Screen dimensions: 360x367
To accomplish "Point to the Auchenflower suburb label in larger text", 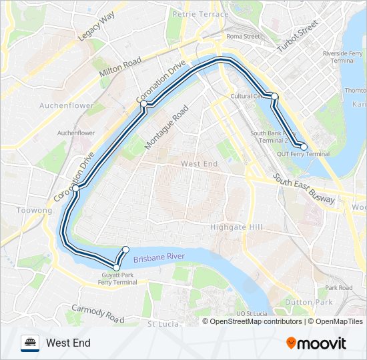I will click(x=66, y=105).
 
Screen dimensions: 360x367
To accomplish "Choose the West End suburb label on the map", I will click(x=200, y=163).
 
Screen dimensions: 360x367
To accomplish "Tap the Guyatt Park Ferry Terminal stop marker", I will click(x=116, y=267).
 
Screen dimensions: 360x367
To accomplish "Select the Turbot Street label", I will click(x=298, y=37).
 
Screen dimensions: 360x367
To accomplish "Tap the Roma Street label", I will click(x=242, y=37).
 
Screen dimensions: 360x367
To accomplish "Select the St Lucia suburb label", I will click(x=161, y=324).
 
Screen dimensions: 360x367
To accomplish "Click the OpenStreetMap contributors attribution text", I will click(x=256, y=321).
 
